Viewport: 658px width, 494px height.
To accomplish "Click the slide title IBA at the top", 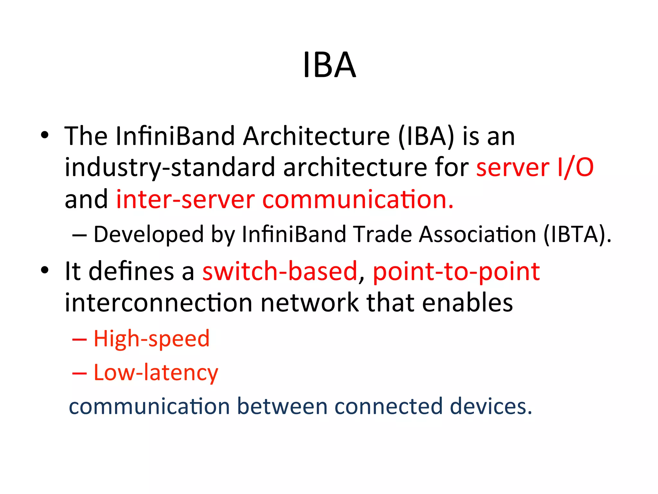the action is [x=329, y=65].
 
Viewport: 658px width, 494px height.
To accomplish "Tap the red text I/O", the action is [x=575, y=168].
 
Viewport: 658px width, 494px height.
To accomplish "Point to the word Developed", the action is [x=148, y=234].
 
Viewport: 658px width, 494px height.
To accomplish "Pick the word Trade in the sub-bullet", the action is [x=382, y=234].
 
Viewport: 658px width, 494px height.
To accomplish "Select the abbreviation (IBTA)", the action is [x=577, y=234].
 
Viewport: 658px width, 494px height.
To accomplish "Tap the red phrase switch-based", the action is [x=280, y=271].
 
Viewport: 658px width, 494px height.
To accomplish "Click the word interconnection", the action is [x=158, y=303].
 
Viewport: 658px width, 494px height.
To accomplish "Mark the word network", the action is [x=309, y=303].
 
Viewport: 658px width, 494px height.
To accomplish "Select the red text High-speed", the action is [x=151, y=339].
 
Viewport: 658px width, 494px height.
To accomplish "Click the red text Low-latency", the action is [x=156, y=373].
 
